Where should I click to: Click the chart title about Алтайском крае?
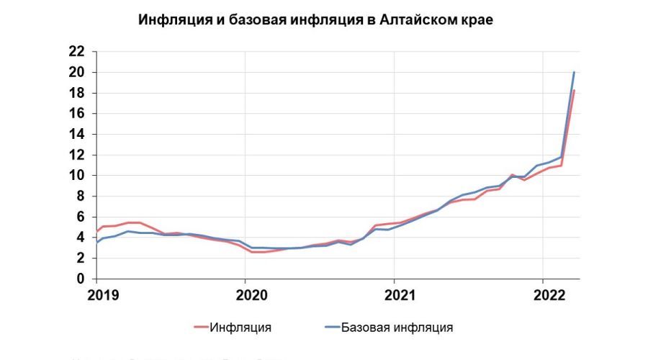point(316,21)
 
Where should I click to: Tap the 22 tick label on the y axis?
point(77,52)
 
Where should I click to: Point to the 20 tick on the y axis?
point(77,72)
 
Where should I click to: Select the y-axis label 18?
point(77,93)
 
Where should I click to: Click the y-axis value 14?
point(77,134)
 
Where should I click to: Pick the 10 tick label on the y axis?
point(77,176)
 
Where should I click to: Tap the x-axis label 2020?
point(245,294)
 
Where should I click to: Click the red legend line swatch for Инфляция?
point(199,328)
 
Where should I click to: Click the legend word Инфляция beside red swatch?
point(241,328)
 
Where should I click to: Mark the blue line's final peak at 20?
point(574,72)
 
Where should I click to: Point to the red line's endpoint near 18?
point(574,91)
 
